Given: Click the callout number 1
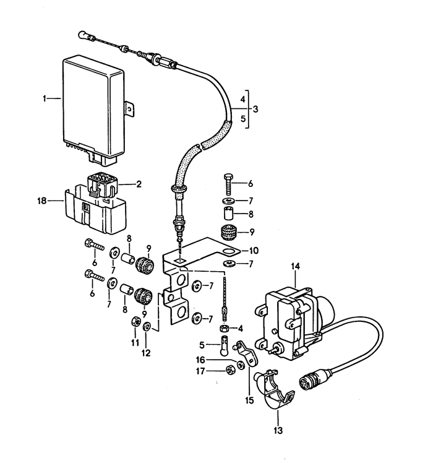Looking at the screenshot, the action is click(x=45, y=98).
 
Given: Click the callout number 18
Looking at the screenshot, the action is click(x=42, y=201).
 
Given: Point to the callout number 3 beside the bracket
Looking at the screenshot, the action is click(x=255, y=109).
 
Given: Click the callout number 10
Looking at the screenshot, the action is click(x=254, y=251).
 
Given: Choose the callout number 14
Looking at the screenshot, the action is click(x=295, y=266).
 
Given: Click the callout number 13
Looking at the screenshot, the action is click(x=278, y=430).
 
